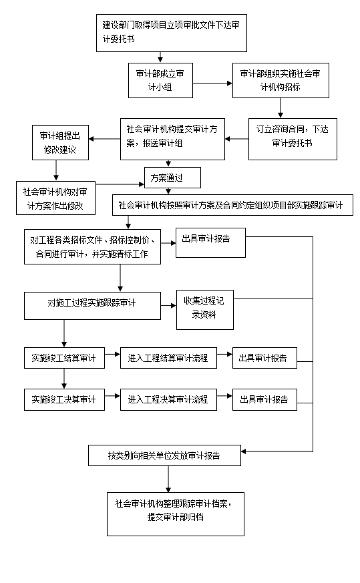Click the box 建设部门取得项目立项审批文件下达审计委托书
172,33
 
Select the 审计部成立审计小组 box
161,80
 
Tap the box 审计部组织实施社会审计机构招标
281,80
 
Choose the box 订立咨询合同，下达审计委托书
293,139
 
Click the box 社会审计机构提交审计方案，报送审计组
172,139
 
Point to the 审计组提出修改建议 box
60,142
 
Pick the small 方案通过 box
172,178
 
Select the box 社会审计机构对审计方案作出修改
56,198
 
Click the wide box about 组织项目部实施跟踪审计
233,205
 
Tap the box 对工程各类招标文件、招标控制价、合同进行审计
93,246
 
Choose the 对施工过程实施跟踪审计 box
93,306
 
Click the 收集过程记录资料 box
205,310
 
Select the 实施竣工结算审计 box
64,358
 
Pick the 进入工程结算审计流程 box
168,358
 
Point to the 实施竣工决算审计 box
64,400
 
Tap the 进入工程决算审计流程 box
168,400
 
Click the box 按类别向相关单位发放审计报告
164,455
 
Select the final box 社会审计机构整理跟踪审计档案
176,514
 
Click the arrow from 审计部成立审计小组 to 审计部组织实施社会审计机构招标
212,83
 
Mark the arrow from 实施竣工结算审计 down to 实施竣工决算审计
64,379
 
